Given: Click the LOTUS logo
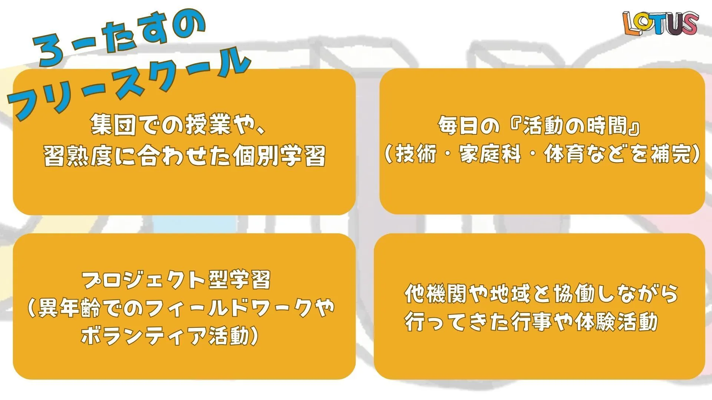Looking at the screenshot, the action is [x=660, y=23].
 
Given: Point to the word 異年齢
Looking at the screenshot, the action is [x=69, y=308].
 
